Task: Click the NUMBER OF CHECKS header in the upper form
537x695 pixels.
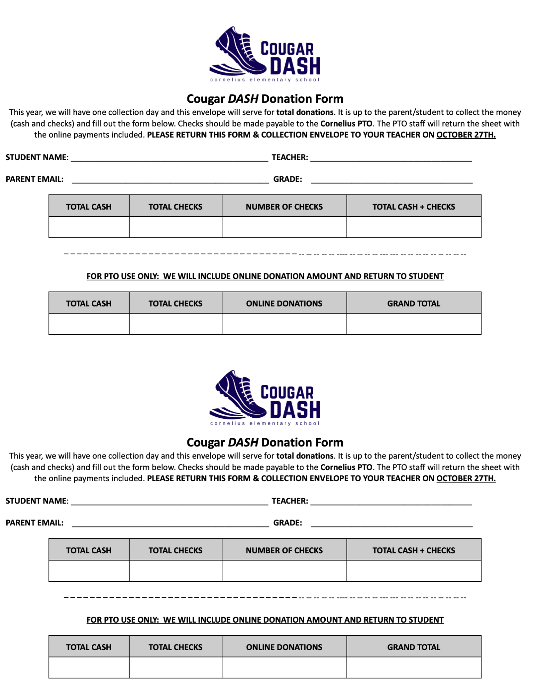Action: (284, 207)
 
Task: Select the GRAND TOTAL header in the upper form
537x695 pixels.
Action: (413, 303)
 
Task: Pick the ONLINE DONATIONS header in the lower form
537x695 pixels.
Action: (284, 647)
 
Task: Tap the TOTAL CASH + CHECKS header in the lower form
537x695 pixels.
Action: (413, 550)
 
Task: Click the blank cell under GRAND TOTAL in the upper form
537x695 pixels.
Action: (413, 324)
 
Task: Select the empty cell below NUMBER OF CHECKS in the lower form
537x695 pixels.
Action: (284, 571)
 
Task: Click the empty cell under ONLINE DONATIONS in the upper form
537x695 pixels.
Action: (284, 324)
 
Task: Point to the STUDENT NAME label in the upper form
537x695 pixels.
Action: (37, 157)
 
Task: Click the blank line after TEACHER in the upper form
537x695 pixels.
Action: (391, 158)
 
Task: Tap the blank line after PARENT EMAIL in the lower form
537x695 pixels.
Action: (170, 524)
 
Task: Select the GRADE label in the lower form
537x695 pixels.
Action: (287, 523)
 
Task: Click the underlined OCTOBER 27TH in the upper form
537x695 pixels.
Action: (466, 135)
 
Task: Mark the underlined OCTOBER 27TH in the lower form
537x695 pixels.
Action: (466, 479)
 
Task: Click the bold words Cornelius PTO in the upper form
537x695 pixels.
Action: (346, 124)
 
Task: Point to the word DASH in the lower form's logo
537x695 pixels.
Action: (295, 410)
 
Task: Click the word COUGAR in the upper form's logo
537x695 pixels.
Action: (287, 49)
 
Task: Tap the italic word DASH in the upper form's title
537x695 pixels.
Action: (243, 99)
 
